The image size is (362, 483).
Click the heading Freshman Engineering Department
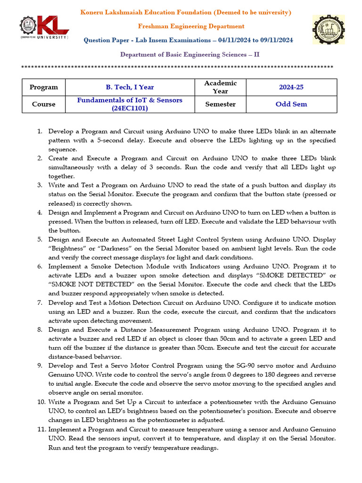coord(191,26)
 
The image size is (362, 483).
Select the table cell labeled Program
coord(43,87)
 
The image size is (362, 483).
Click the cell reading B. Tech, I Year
coord(130,87)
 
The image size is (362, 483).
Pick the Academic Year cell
coord(220,87)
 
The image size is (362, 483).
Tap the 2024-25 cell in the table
coord(291,87)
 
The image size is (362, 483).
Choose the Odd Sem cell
coord(291,104)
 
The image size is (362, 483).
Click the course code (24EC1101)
coord(130,108)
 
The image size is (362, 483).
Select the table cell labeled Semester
coord(220,104)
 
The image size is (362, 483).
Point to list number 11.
coord(41,429)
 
